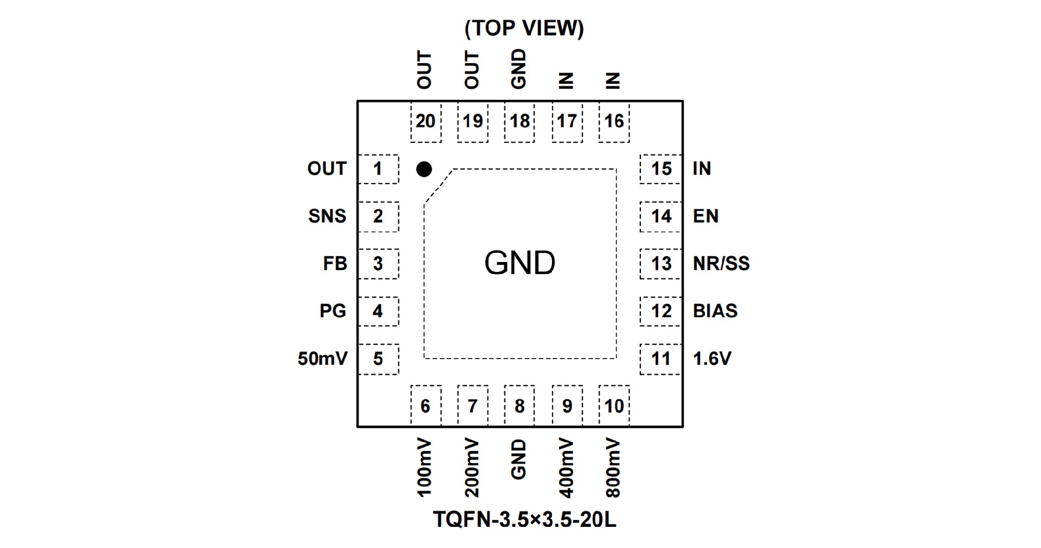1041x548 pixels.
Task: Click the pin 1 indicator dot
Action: tap(424, 169)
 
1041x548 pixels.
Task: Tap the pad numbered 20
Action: tap(426, 121)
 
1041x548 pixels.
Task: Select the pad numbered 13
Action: tap(661, 264)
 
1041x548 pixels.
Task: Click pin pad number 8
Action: tap(519, 406)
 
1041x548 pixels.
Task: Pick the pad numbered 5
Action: tap(378, 359)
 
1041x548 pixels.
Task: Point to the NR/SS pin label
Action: tap(721, 264)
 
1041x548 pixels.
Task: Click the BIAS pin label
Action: tap(715, 311)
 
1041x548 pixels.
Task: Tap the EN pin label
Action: tap(705, 216)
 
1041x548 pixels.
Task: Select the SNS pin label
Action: tap(327, 216)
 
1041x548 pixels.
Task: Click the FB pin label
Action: tap(335, 264)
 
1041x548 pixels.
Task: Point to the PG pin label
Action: tap(332, 311)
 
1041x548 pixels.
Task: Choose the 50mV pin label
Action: tap(322, 359)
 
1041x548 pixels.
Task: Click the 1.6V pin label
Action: tap(712, 359)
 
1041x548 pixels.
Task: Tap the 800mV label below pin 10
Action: tap(613, 468)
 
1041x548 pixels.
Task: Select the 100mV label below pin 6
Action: tap(425, 468)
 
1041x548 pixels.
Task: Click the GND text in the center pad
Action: tap(519, 263)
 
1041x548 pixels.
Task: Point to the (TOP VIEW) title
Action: tap(524, 28)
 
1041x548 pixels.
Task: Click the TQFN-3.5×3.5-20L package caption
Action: tap(524, 520)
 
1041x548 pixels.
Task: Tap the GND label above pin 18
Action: tap(519, 69)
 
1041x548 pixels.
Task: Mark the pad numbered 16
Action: tap(614, 121)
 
